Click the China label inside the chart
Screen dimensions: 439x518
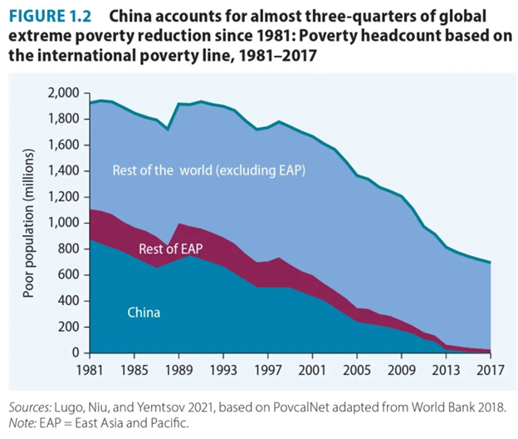(144, 313)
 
